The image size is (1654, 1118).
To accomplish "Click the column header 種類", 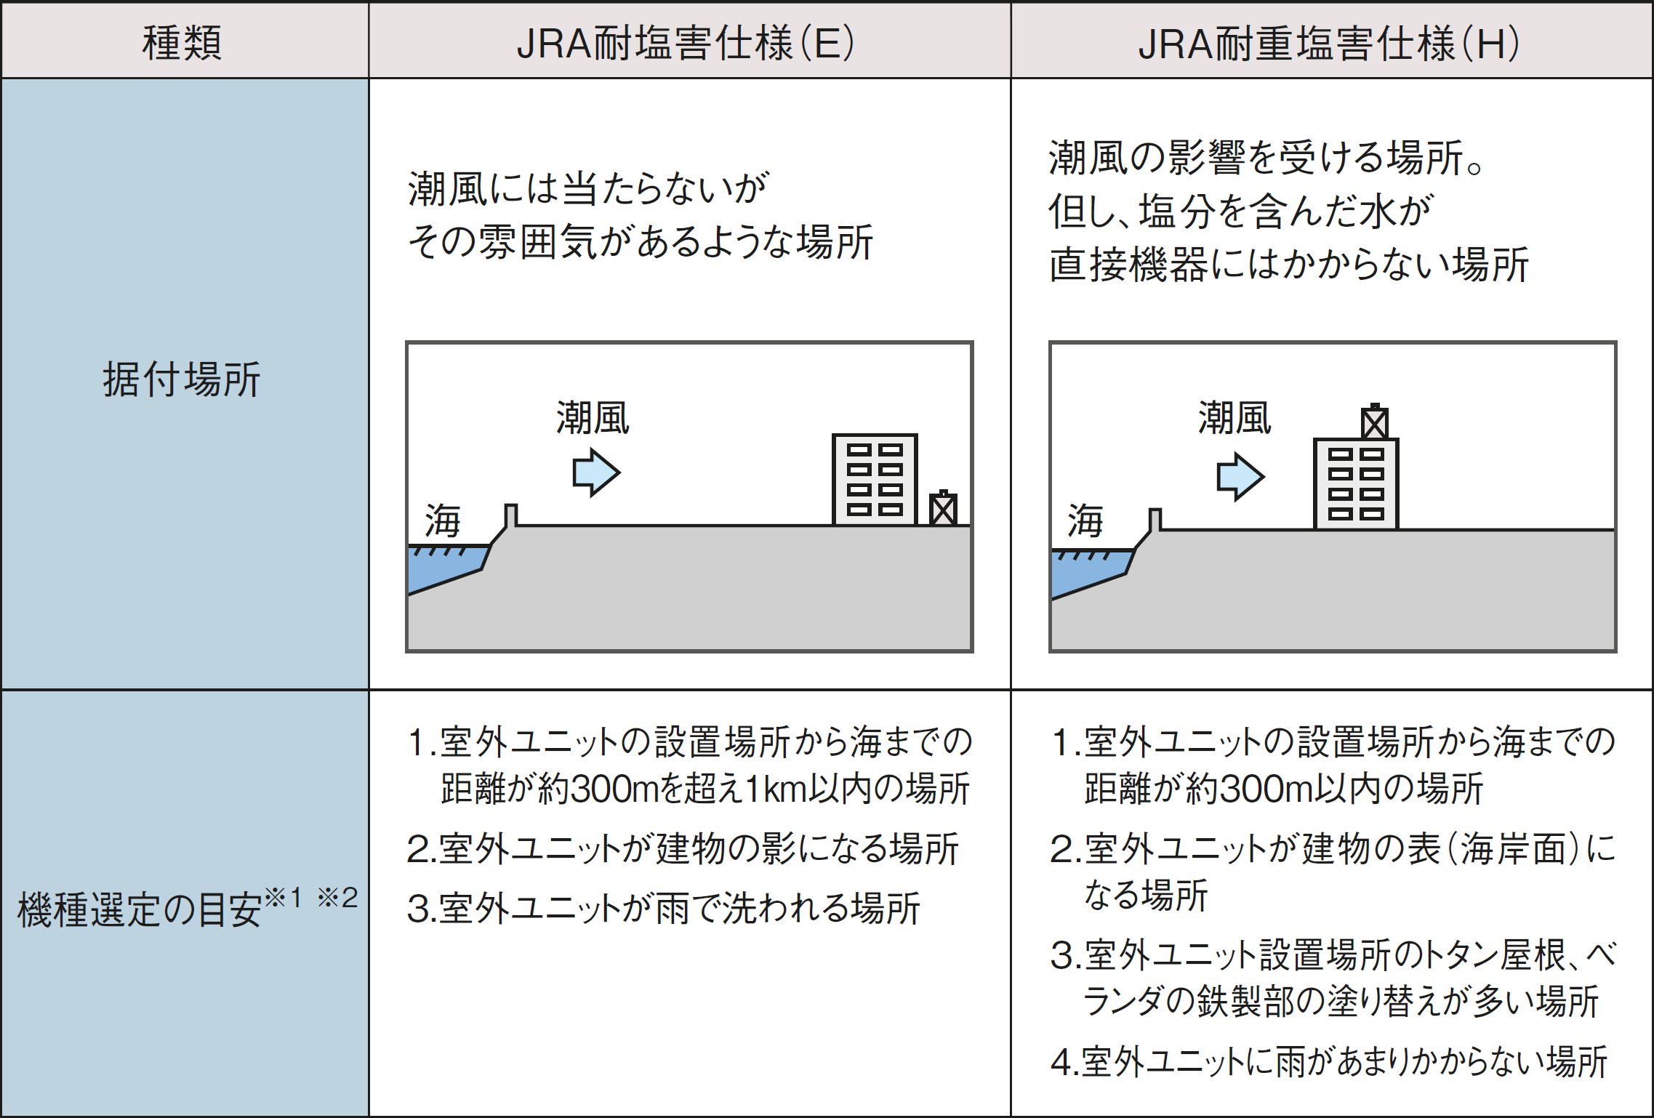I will [x=182, y=42].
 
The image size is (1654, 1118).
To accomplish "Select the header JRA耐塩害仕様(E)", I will [x=685, y=42].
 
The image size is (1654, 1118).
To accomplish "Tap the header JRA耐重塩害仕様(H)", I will [x=1328, y=42].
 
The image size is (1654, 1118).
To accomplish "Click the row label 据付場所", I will [x=182, y=379].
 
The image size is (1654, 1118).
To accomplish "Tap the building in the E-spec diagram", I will [x=875, y=480].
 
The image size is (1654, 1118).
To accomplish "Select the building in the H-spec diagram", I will [x=1356, y=483].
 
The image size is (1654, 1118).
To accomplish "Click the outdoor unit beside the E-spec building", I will [x=943, y=508].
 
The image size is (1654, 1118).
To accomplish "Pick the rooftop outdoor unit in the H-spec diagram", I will [x=1374, y=422].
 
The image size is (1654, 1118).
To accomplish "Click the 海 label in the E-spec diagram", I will [x=443, y=520].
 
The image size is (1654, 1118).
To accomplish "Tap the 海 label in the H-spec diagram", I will [x=1085, y=520].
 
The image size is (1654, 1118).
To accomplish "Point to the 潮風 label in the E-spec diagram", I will [x=593, y=418].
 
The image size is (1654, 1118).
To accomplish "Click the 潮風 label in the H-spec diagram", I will [x=1235, y=418].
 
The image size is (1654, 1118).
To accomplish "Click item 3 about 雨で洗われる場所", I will [x=663, y=908].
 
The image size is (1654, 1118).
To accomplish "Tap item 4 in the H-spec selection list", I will [x=1328, y=1061].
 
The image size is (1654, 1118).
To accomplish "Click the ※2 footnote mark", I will [x=338, y=898].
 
